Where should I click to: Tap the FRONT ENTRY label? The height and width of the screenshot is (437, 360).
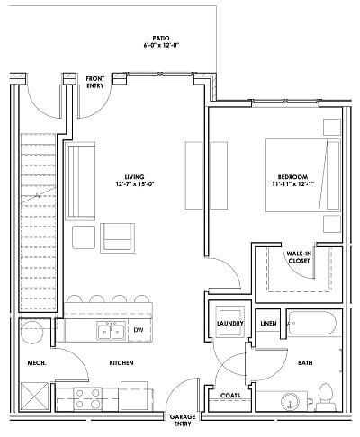click(96, 83)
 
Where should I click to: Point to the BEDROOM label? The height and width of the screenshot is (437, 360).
click(293, 180)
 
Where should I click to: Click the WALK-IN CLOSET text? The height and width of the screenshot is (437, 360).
click(299, 258)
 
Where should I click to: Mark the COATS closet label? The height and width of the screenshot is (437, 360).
click(230, 394)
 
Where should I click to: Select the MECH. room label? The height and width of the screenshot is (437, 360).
click(36, 363)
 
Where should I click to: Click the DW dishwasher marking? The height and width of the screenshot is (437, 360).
click(138, 331)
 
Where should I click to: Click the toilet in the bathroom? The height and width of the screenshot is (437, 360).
click(328, 394)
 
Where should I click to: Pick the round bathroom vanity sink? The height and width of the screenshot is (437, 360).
click(291, 399)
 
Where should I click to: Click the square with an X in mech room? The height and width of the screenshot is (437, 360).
click(37, 395)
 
